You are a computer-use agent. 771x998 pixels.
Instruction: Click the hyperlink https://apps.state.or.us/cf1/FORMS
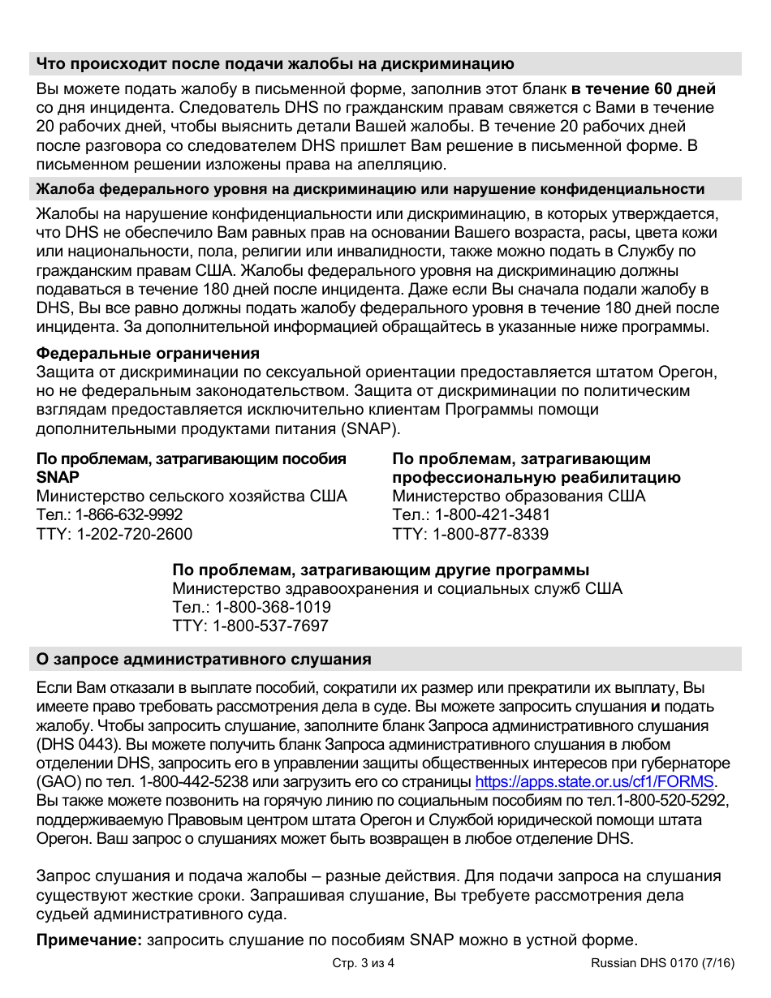pyautogui.click(x=594, y=782)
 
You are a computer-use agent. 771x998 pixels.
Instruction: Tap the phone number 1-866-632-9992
pyautogui.click(x=129, y=515)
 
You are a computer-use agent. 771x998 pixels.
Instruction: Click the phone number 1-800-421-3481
pyautogui.click(x=493, y=515)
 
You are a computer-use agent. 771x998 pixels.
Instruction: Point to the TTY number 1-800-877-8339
pyautogui.click(x=490, y=534)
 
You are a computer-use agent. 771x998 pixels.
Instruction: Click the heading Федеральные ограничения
pyautogui.click(x=148, y=354)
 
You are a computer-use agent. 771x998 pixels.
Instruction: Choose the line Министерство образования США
pyautogui.click(x=519, y=496)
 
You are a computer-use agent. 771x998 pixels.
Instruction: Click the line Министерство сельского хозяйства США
pyautogui.click(x=192, y=496)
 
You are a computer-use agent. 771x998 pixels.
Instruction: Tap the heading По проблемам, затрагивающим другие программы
pyautogui.click(x=381, y=570)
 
